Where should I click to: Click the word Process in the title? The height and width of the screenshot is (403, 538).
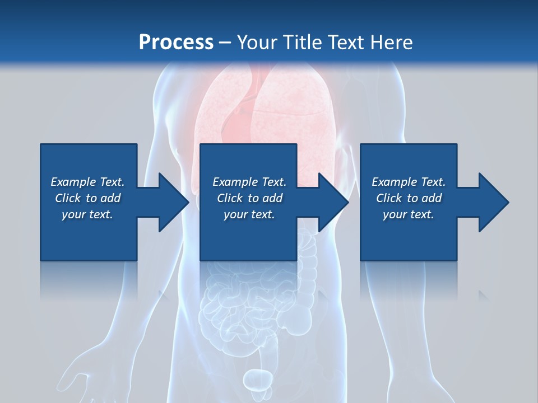(176, 43)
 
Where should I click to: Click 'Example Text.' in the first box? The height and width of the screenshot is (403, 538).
(87, 182)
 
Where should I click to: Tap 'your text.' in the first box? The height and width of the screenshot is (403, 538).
(87, 214)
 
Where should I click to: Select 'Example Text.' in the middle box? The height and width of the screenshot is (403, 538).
(249, 182)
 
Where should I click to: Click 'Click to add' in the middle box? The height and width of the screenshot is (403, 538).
(249, 198)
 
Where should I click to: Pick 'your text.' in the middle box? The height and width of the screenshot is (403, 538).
(249, 214)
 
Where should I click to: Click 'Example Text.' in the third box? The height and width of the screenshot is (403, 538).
(409, 182)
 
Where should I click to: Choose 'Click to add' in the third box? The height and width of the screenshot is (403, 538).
(409, 198)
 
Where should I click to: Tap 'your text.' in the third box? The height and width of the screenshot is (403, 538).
(409, 214)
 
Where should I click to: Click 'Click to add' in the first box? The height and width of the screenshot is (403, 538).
(87, 198)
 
